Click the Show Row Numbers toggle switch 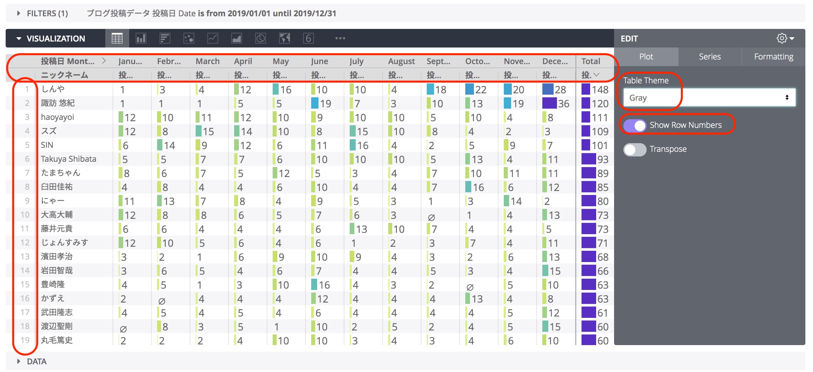(635, 126)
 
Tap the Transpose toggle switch (635, 149)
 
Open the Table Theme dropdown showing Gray (709, 98)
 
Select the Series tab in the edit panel (710, 57)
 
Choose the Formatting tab (773, 57)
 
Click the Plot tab (646, 57)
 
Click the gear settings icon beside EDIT (782, 39)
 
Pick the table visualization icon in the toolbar (117, 39)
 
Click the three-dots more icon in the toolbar (340, 39)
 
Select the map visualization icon (285, 39)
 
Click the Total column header (591, 61)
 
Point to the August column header (402, 61)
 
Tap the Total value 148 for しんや (600, 90)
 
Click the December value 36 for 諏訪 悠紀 (563, 104)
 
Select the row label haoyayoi (57, 117)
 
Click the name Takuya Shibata (68, 159)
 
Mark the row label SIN (47, 145)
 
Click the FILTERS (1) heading (47, 14)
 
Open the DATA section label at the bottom (37, 361)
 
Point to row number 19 (25, 340)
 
